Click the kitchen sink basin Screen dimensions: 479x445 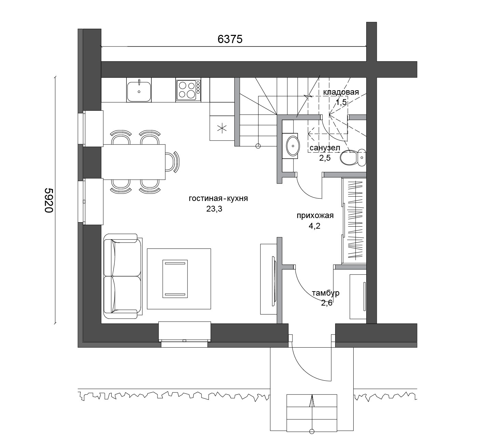coord(139,92)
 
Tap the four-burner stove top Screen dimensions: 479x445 coord(188,90)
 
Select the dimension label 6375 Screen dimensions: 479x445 coord(230,39)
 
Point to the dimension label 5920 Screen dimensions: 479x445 coord(49,200)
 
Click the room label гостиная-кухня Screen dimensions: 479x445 coord(218,198)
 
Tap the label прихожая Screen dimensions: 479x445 coord(315,215)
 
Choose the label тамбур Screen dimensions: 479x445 coord(326,293)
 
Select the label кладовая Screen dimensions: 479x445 coord(341,92)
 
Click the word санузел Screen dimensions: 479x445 coord(325,148)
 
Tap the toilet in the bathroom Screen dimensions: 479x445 coord(353,157)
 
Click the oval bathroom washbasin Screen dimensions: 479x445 coord(293,146)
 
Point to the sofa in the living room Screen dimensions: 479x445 coord(123,276)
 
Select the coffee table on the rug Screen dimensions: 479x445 coord(175,279)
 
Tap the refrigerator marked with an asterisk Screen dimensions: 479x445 coord(222,128)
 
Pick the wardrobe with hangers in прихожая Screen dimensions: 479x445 coord(354,220)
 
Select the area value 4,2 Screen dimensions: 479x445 coord(315,226)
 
